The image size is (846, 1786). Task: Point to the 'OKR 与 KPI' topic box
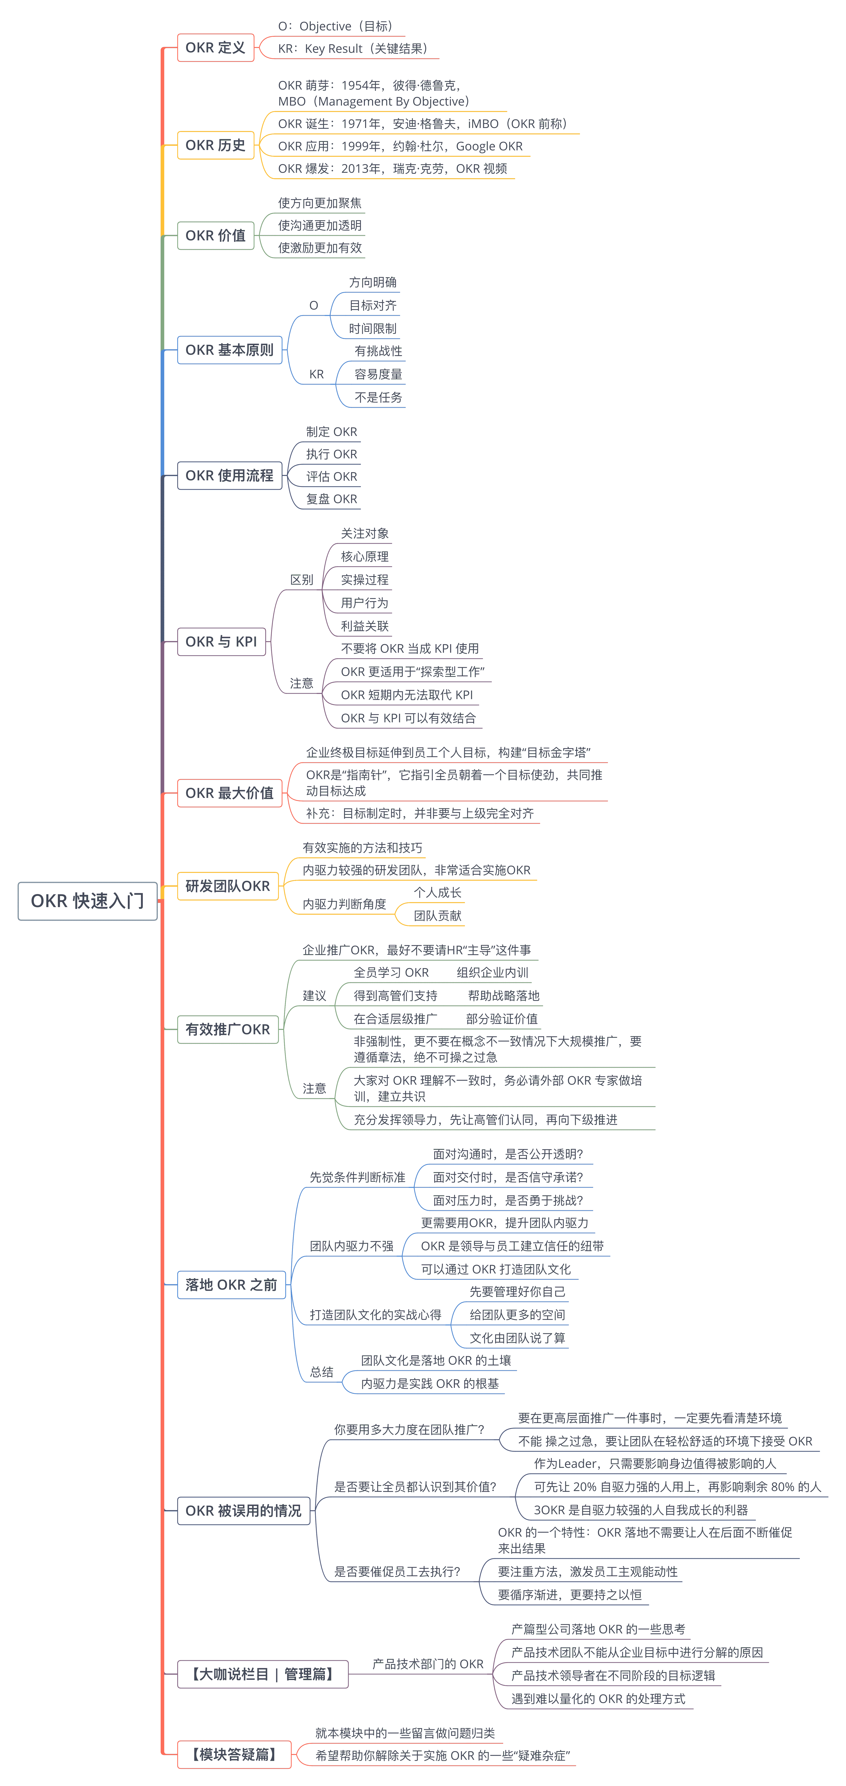tap(221, 641)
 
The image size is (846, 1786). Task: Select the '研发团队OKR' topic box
tap(227, 886)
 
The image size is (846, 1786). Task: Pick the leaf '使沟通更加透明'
tap(320, 225)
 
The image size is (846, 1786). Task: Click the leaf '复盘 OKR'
tap(331, 499)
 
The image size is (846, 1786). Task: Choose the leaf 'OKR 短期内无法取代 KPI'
tap(406, 695)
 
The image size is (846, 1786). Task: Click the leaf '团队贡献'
tap(438, 915)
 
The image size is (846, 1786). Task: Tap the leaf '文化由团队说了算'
tap(517, 1337)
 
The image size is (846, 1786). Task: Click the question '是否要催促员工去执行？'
tap(397, 1571)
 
